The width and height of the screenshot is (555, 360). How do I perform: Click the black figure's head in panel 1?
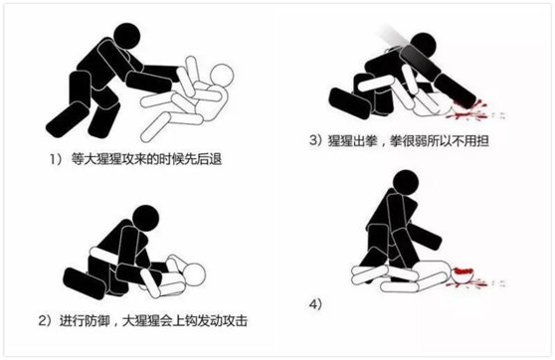(124, 38)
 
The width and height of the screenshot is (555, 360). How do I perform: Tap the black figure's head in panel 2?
(145, 219)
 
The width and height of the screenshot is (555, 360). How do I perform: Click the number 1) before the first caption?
(56, 159)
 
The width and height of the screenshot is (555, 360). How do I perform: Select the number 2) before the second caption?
(45, 320)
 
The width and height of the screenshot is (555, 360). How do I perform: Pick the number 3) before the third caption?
(316, 140)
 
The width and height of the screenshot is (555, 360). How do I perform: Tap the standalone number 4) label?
(315, 304)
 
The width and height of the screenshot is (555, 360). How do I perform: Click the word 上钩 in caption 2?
(184, 320)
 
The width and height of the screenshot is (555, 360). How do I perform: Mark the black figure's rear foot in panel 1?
(65, 119)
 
